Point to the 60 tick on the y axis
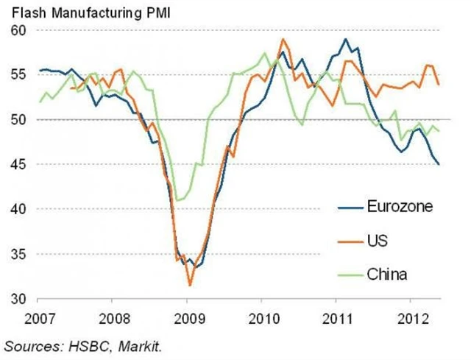(18, 30)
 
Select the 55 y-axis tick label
(18, 75)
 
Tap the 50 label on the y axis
(18, 119)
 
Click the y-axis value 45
(18, 164)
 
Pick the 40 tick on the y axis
(18, 209)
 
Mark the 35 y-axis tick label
(18, 254)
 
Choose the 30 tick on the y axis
(18, 299)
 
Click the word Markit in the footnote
(135, 344)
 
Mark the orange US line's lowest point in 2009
(189, 285)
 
